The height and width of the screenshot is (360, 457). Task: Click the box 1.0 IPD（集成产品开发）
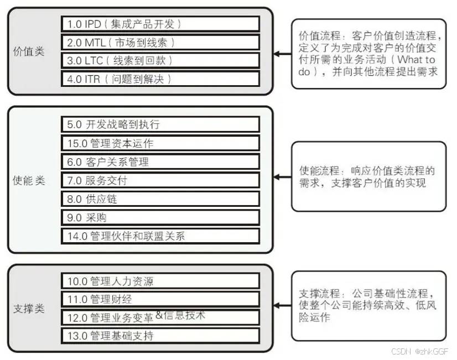point(160,24)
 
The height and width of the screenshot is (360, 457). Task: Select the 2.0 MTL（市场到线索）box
point(160,43)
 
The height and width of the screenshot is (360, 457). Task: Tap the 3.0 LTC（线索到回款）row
point(160,61)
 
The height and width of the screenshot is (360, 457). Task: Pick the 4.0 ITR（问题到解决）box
point(160,79)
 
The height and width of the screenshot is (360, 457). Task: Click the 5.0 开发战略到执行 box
point(160,124)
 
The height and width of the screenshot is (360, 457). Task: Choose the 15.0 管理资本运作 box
point(160,143)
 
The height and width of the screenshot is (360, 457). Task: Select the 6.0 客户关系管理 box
point(160,161)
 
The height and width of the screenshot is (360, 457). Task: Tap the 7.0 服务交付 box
point(160,180)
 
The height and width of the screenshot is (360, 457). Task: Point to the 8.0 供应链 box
point(160,199)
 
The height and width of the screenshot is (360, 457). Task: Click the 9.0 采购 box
point(160,217)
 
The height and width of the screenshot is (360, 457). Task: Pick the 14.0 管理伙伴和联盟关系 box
point(160,236)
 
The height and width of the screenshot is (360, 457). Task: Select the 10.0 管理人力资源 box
point(160,281)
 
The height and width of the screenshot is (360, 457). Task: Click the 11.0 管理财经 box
point(160,299)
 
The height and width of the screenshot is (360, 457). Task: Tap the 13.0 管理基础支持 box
point(160,336)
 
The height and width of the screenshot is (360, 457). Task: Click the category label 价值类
point(29,51)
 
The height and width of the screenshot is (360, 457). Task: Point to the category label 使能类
point(29,181)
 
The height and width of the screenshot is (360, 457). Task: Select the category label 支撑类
point(29,309)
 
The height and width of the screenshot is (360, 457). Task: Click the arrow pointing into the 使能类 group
point(282,177)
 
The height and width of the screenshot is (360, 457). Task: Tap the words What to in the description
point(417,59)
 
